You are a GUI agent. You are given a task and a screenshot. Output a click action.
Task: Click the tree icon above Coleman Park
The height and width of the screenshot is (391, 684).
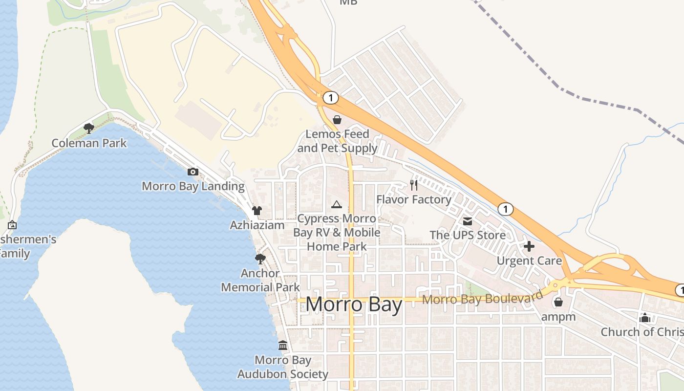coord(88,128)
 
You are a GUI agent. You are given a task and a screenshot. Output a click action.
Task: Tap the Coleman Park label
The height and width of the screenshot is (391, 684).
coord(89,143)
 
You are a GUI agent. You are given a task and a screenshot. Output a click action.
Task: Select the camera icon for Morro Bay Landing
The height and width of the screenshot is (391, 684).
coord(193,172)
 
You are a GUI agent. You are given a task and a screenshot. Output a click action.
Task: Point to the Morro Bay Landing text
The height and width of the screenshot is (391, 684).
coord(193,186)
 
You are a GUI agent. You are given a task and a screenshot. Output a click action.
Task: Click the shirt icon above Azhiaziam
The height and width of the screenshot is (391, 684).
coord(257,211)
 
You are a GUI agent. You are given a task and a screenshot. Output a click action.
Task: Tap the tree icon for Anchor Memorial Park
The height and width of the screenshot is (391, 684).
coord(260,259)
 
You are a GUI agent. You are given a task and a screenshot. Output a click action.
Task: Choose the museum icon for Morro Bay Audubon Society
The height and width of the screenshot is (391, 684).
coord(283,346)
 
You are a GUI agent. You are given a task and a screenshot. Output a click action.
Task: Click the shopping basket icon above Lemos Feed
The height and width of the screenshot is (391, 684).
coord(337,119)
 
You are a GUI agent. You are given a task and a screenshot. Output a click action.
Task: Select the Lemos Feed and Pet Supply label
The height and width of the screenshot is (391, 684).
coord(337,141)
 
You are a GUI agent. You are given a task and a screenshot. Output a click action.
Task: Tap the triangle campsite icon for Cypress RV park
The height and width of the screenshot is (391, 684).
coord(336,204)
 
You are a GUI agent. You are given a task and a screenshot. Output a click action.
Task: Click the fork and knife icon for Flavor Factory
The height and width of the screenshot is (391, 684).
coord(414,185)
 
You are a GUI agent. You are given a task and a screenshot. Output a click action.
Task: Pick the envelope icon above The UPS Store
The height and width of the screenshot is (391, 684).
coord(468,221)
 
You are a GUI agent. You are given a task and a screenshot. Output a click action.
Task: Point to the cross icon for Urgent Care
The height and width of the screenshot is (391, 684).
coord(529,246)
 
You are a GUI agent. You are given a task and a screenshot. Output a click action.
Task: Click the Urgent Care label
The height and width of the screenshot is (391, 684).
coord(529,261)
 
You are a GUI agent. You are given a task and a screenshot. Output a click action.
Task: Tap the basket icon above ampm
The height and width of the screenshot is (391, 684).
coord(558,302)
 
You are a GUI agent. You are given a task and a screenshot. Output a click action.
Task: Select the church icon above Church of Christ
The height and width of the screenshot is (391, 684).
coord(645,318)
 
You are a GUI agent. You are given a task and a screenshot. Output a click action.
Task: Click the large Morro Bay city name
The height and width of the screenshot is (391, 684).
coord(354,305)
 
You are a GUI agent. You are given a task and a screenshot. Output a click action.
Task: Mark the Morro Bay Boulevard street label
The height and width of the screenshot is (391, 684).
coord(482,298)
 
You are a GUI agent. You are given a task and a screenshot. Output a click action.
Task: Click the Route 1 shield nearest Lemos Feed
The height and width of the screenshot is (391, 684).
coord(331,98)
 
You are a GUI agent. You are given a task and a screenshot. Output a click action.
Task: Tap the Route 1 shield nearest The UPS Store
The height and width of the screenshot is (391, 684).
coord(506,209)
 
